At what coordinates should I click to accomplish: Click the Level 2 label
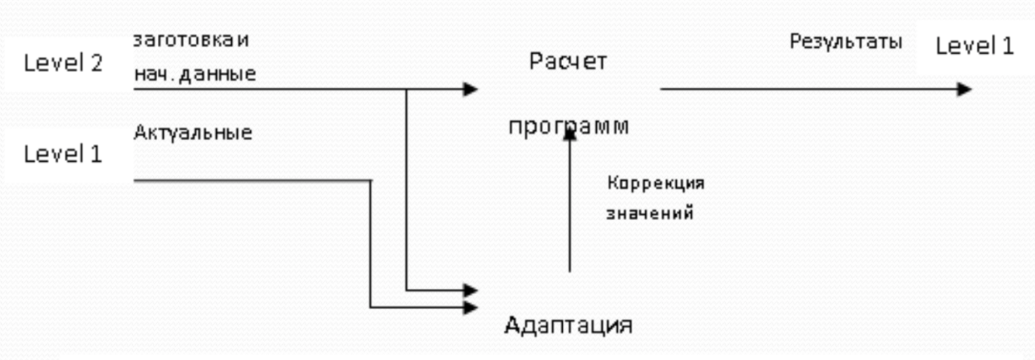coord(63,63)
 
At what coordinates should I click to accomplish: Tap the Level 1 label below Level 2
coord(63,154)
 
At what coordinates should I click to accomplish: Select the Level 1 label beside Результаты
coord(975,46)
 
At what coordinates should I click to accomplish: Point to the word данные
coord(217,74)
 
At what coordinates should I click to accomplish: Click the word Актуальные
coord(193,132)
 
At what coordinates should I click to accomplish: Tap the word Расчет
coord(568,61)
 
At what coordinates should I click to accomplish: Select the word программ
coord(568,126)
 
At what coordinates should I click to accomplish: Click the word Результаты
coord(846,41)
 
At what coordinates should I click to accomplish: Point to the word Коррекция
coord(656,183)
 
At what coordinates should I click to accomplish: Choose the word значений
coord(650,213)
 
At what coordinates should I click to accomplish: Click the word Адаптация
coord(568,325)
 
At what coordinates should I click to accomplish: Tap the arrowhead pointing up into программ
coord(570,134)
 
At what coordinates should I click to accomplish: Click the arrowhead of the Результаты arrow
coord(964,89)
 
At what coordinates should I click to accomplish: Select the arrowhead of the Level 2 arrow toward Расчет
coord(471,89)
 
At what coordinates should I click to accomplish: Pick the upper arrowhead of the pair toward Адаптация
coord(471,290)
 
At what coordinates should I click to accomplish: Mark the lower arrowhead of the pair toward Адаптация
coord(471,307)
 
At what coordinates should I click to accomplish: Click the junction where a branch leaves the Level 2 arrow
coord(407,89)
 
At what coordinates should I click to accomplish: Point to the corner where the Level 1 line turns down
coord(371,181)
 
